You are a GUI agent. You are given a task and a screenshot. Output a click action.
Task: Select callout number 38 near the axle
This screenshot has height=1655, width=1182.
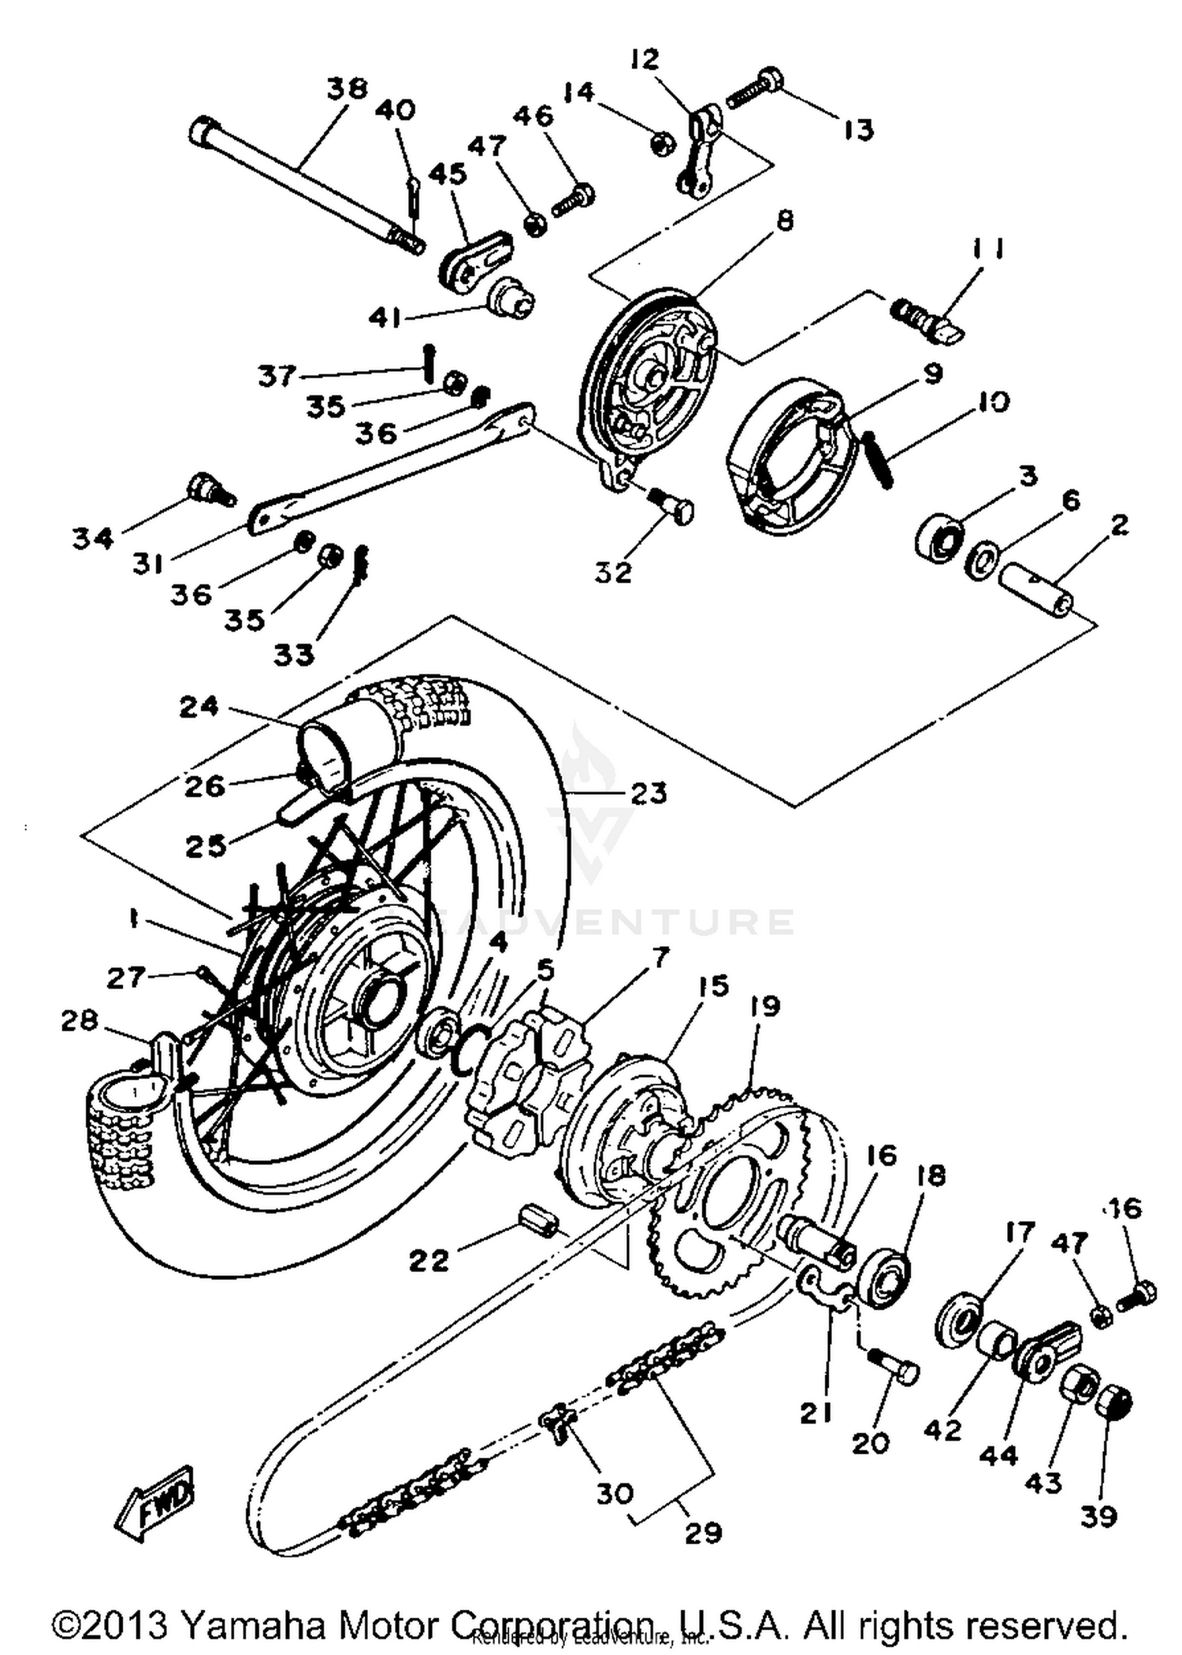[348, 88]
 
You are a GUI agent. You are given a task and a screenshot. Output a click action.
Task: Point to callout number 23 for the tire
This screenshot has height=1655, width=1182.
[648, 793]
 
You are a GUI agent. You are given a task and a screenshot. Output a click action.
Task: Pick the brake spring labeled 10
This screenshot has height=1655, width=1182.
[877, 460]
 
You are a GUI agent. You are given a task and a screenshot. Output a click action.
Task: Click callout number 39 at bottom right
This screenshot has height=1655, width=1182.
[1098, 1517]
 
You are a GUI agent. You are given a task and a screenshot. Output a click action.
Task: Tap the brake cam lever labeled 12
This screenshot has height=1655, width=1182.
[698, 154]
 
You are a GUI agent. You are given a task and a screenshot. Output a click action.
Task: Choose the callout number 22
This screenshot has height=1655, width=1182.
[428, 1260]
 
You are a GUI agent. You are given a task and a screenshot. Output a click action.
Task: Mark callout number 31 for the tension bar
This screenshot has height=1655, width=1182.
[147, 564]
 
